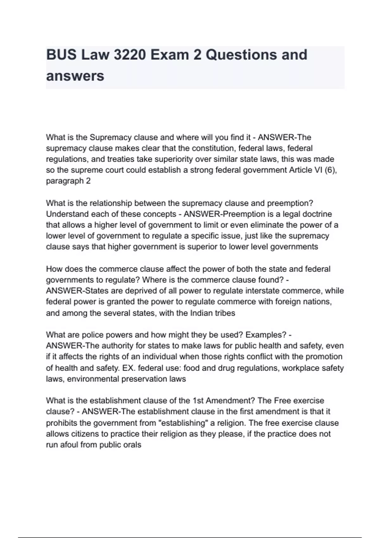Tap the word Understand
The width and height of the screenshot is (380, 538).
pyautogui.click(x=67, y=214)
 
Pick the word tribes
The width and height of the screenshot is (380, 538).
pyautogui.click(x=225, y=313)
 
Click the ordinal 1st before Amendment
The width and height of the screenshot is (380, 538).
pyautogui.click(x=198, y=401)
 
